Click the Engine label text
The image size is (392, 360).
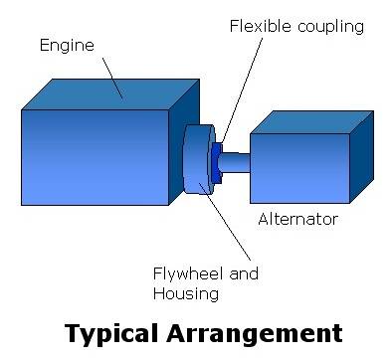[x=67, y=46]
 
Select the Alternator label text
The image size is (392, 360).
[x=297, y=219]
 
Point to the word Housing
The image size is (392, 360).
[x=186, y=294]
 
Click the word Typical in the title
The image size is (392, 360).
[x=111, y=334]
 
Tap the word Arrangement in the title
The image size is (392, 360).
[x=255, y=333]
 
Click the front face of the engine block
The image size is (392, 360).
[x=96, y=157]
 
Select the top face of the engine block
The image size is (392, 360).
[x=110, y=94]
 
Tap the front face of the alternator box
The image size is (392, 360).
[x=299, y=168]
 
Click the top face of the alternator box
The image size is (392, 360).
[x=311, y=122]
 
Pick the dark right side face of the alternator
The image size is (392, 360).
[x=362, y=157]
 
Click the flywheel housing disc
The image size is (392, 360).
[x=198, y=159]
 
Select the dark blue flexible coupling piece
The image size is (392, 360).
[x=215, y=163]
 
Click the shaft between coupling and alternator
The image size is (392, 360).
[x=235, y=162]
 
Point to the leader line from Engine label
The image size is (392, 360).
[x=112, y=79]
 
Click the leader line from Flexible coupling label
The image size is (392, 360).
[x=242, y=90]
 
